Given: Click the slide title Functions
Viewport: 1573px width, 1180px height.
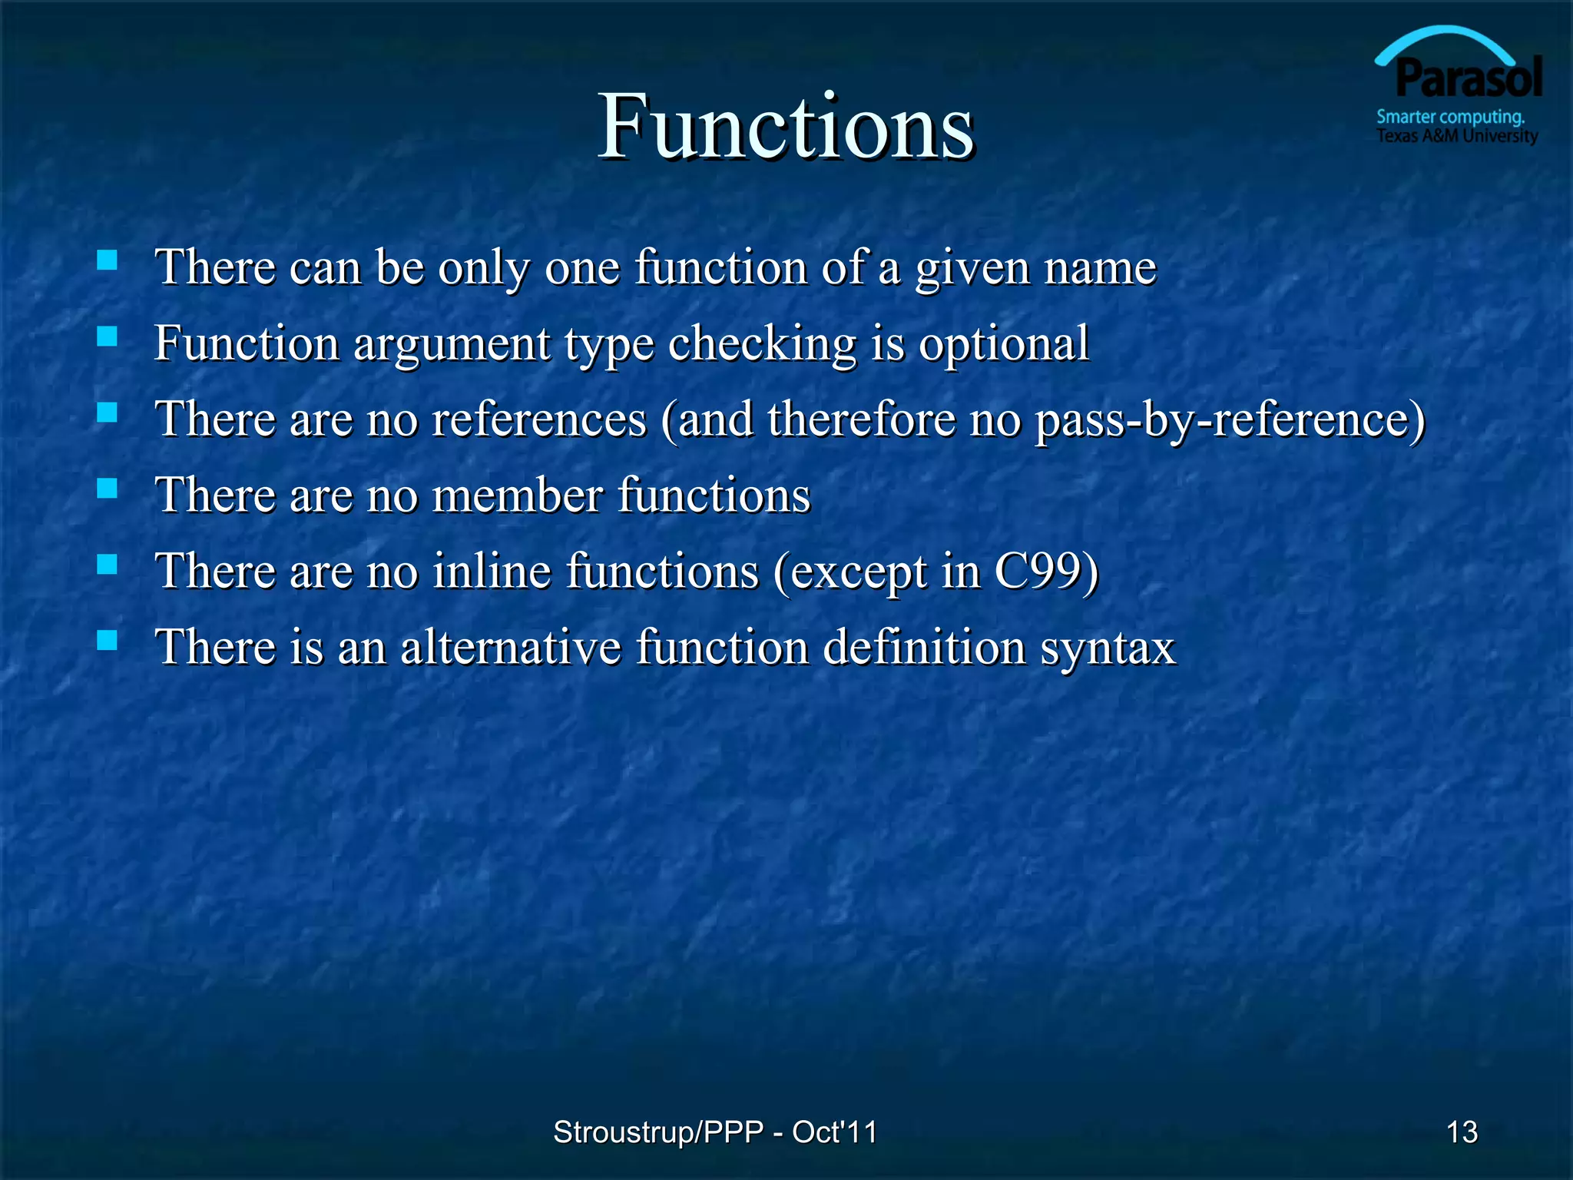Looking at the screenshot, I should [786, 126].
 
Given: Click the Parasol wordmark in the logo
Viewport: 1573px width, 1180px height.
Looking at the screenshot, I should [1468, 78].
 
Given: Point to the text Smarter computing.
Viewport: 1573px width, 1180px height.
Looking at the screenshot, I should [1450, 117].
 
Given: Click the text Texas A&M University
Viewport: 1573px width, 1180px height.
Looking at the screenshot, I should [1456, 136].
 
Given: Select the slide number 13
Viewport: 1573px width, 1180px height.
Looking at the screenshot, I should [1462, 1132].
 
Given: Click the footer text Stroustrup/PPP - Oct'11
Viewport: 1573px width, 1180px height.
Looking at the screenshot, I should [715, 1132].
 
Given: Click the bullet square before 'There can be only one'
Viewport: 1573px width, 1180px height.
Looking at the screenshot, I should [108, 260].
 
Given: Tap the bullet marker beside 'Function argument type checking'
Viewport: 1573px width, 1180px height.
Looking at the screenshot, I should [108, 336].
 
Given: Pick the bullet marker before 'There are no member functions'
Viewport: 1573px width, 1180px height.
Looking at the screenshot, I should [108, 488].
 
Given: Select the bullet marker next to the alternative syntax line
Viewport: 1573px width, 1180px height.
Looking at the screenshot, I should [108, 639].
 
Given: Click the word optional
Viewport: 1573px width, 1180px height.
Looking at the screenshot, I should [1004, 343].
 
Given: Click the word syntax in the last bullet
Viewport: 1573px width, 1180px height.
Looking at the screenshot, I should [1108, 648].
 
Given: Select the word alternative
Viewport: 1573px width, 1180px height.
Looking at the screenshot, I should [510, 647].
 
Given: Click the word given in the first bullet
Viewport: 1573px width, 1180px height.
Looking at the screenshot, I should [972, 269].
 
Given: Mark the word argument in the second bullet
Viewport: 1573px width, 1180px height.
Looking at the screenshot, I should [452, 345].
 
